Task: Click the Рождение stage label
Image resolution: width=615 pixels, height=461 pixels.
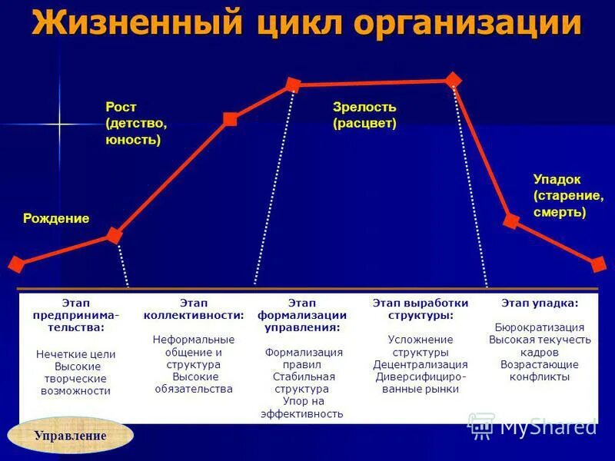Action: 56,218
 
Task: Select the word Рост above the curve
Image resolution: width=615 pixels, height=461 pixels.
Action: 121,107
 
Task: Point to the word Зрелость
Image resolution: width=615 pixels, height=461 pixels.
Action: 364,107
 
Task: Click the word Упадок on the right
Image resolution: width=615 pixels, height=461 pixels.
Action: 557,178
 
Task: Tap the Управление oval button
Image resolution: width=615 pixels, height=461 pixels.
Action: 70,436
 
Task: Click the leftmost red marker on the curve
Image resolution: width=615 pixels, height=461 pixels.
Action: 15,265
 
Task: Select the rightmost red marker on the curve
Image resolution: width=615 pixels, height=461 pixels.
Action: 599,264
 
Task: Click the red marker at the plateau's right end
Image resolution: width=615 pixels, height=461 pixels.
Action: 453,79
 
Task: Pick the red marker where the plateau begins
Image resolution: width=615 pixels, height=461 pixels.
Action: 293,84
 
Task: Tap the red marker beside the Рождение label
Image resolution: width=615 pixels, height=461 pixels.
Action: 114,235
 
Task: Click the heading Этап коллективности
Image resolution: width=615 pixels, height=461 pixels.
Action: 194,309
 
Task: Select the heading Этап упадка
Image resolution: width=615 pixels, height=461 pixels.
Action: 540,303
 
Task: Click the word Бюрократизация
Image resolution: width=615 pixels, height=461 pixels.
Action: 540,327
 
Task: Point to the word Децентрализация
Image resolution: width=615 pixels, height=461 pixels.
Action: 421,364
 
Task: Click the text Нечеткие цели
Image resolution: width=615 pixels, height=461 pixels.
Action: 75,354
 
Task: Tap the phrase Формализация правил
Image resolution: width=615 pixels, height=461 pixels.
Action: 304,358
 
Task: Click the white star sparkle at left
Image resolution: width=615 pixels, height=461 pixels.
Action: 58,123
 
